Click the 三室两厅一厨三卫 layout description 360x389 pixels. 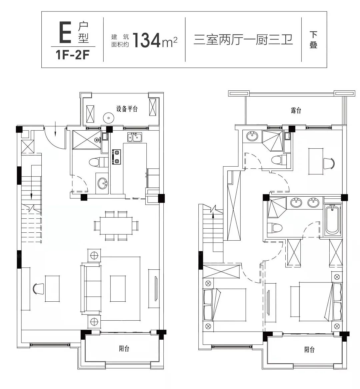coord(243,40)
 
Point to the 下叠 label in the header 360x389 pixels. coord(313,40)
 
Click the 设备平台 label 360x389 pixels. coord(127,109)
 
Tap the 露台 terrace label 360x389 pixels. coord(296,111)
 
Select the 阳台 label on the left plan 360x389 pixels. coord(124,349)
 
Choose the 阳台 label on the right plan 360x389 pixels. coord(309,350)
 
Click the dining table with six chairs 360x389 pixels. coord(116,226)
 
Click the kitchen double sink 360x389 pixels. coord(136,137)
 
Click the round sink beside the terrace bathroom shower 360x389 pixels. coord(252,136)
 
